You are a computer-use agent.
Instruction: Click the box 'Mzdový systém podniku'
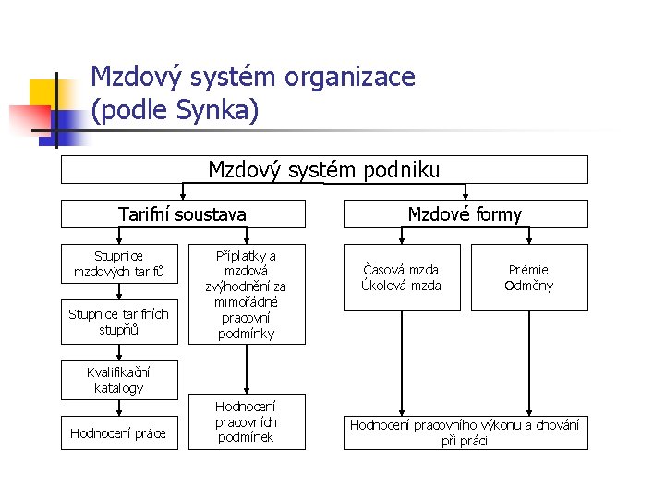pos(324,170)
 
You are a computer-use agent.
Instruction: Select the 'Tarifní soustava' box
pos(183,214)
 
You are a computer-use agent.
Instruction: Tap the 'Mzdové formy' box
pos(465,214)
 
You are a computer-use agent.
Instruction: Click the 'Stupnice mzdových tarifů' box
pos(119,263)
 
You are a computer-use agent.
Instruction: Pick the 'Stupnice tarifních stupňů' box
pos(119,322)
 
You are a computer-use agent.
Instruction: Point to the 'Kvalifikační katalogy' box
pos(119,380)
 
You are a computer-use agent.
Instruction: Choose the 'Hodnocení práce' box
pos(119,432)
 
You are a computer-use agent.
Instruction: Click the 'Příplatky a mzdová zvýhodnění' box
pos(246,294)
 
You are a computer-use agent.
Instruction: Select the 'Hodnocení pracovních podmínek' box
pos(246,421)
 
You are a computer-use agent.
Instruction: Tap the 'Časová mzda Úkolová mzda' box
pos(402,277)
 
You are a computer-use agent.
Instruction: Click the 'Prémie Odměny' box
pos(529,277)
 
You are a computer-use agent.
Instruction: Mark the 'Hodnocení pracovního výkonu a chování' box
pos(465,432)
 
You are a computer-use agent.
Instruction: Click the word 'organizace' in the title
pos(350,76)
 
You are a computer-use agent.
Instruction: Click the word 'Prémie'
pos(529,270)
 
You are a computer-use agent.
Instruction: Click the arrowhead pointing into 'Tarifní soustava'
pos(183,196)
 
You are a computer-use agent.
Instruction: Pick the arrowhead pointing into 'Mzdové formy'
pos(465,196)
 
